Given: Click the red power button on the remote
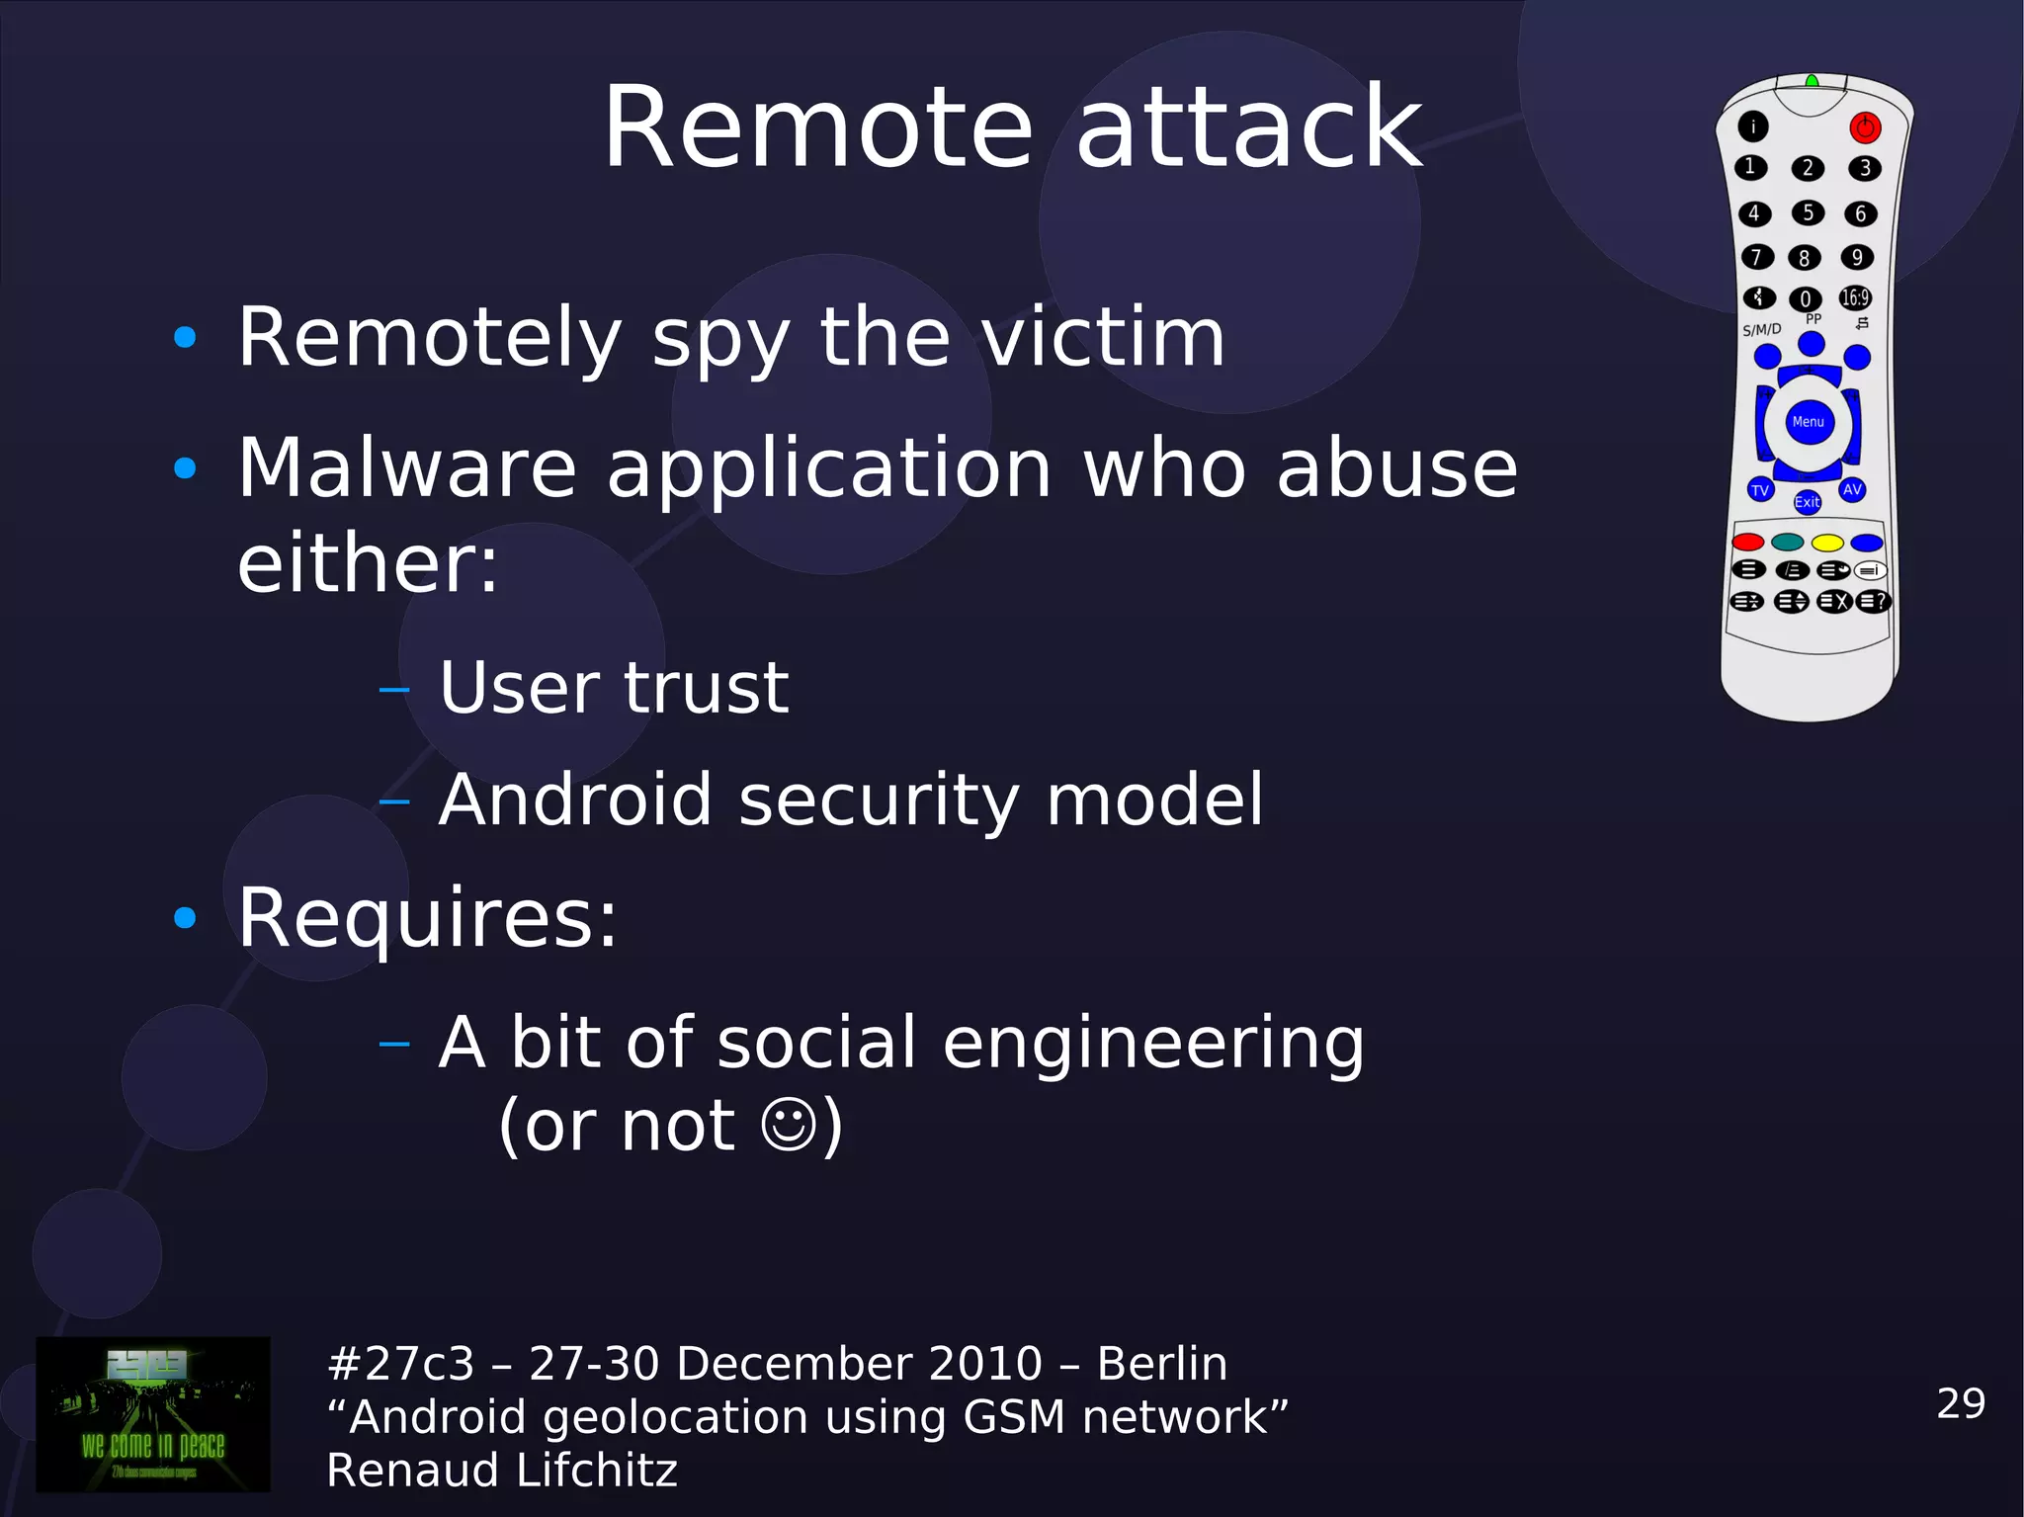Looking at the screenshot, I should point(1865,127).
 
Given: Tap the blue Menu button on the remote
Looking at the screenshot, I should point(1809,422).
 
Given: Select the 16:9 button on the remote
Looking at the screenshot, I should point(1855,297).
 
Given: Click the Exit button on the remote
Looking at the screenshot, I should point(1807,502).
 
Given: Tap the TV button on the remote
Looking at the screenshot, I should point(1760,489).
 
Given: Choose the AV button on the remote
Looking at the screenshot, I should point(1852,489).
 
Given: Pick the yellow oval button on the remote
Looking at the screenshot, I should point(1827,543).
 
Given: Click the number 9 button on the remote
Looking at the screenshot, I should point(1857,257).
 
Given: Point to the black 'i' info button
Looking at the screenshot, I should point(1753,126).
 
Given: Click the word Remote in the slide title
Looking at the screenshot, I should point(817,128).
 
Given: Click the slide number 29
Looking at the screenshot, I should point(1961,1403).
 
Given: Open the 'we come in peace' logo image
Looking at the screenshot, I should point(153,1414).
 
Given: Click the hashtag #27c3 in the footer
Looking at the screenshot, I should point(400,1364).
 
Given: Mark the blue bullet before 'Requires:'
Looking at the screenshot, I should point(185,918).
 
